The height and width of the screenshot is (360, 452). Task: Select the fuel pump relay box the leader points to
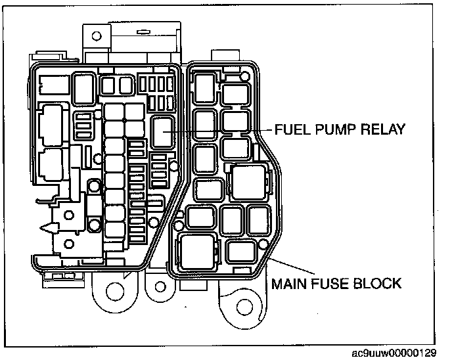point(162,131)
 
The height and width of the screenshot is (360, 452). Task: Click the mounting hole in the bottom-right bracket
point(245,307)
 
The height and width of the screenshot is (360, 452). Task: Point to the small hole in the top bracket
point(96,35)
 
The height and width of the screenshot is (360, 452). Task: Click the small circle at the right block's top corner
point(244,78)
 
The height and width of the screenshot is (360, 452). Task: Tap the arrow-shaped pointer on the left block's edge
point(46,229)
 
